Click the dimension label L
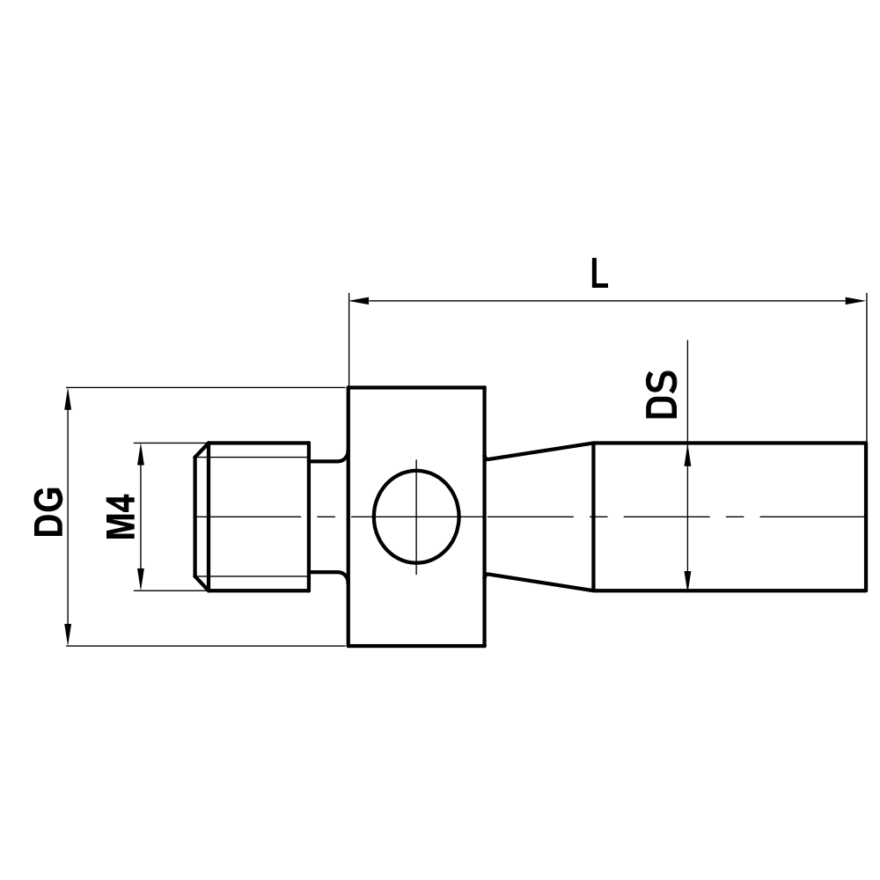point(599,274)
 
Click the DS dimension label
point(663,394)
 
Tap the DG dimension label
point(49,510)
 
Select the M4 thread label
point(121,517)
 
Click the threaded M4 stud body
point(260,517)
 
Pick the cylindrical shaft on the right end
point(730,517)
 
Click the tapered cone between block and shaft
point(539,517)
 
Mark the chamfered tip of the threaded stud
point(201,517)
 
